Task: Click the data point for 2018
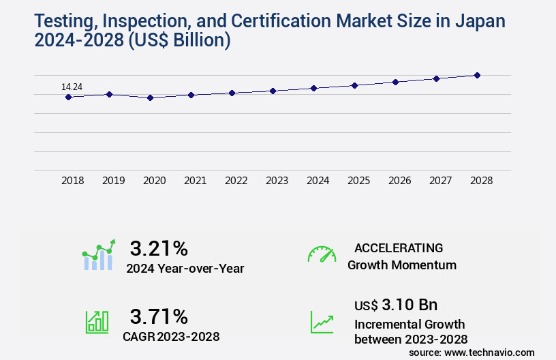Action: pos(68,97)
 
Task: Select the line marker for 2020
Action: pos(151,97)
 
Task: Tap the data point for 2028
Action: pos(477,75)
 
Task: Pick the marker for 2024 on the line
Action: pos(313,88)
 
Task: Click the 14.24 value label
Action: pos(72,87)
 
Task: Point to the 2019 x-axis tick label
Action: pos(114,181)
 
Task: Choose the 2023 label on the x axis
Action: pos(277,181)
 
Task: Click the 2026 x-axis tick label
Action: pos(399,181)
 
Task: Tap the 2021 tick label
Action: pos(196,181)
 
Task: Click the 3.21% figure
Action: pos(159,247)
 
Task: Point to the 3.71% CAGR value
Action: pos(159,316)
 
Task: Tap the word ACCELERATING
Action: pos(399,247)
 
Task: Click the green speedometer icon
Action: pos(322,254)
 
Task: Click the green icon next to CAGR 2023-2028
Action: pos(97,322)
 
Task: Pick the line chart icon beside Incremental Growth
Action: pos(322,322)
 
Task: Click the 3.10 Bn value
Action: pos(410,304)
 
